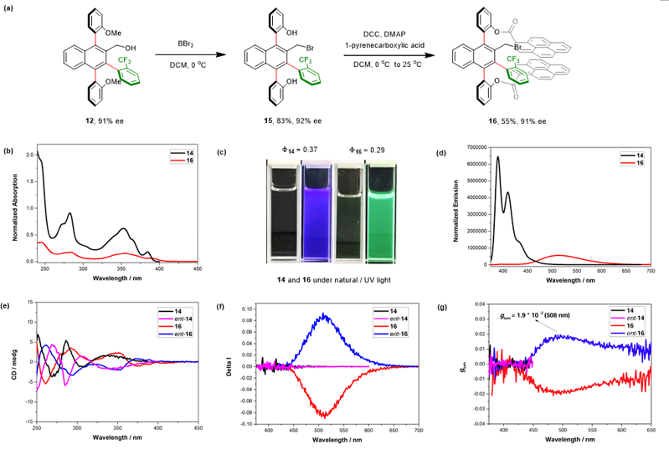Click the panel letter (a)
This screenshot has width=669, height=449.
tap(11, 8)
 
